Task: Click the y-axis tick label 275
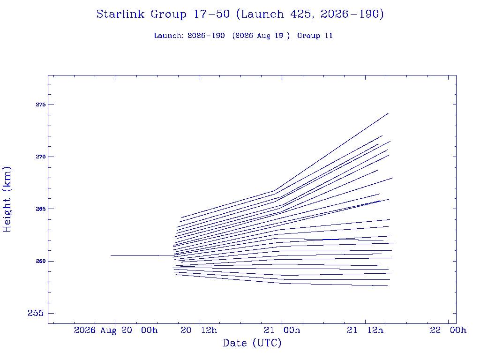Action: click(x=40, y=105)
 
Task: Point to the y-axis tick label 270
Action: click(x=40, y=157)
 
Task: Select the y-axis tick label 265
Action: click(x=40, y=209)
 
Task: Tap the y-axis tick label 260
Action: click(x=40, y=261)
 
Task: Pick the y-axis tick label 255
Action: click(x=36, y=313)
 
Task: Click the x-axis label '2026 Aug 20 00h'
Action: click(x=116, y=330)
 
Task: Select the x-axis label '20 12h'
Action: click(x=199, y=330)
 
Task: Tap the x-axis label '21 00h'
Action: click(x=282, y=330)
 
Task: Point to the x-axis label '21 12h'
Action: click(x=365, y=330)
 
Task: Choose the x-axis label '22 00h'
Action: click(x=448, y=330)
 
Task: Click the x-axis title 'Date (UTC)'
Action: click(x=252, y=343)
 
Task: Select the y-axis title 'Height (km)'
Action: click(x=7, y=200)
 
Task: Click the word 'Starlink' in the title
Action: click(x=120, y=14)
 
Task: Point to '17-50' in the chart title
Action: click(x=211, y=14)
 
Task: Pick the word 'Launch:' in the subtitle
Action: click(x=169, y=36)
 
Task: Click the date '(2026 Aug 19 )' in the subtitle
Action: click(x=261, y=36)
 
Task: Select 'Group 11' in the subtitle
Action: click(x=315, y=36)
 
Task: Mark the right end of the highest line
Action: click(x=388, y=113)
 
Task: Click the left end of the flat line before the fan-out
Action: click(x=111, y=255)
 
